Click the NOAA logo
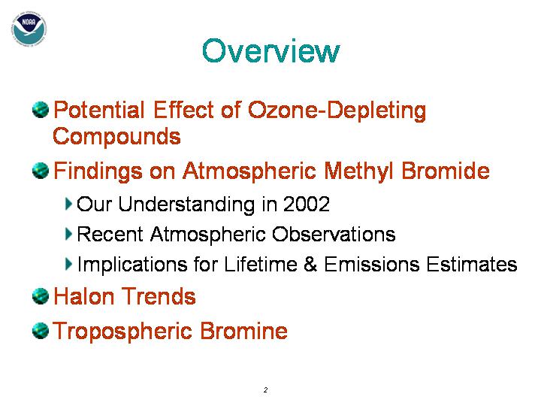point(29,29)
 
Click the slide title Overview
point(270,51)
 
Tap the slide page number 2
point(265,389)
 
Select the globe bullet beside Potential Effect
point(41,110)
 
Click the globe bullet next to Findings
point(41,171)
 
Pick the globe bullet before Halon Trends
point(41,296)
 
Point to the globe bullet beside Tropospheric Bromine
point(41,330)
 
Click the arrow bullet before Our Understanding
point(68,204)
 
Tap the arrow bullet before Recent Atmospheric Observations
point(68,234)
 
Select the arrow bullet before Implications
point(68,264)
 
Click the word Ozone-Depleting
point(337,111)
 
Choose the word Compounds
point(116,137)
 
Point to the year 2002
point(307,204)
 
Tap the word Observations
point(334,234)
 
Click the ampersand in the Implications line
point(310,264)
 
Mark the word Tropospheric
point(122,332)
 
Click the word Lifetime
point(261,264)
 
